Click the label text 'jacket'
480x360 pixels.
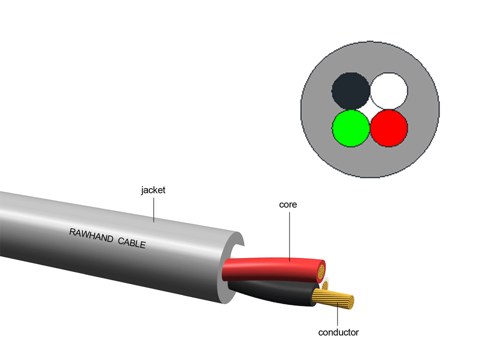tap(153, 190)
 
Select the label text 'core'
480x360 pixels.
tap(288, 204)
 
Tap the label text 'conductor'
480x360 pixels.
tap(338, 332)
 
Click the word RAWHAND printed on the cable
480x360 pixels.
tap(91, 236)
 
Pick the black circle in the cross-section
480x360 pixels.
tap(351, 91)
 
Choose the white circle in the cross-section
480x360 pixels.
tap(389, 91)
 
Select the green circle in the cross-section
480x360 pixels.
tap(351, 128)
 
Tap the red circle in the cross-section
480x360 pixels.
tap(389, 128)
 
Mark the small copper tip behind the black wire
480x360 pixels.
tap(325, 285)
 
